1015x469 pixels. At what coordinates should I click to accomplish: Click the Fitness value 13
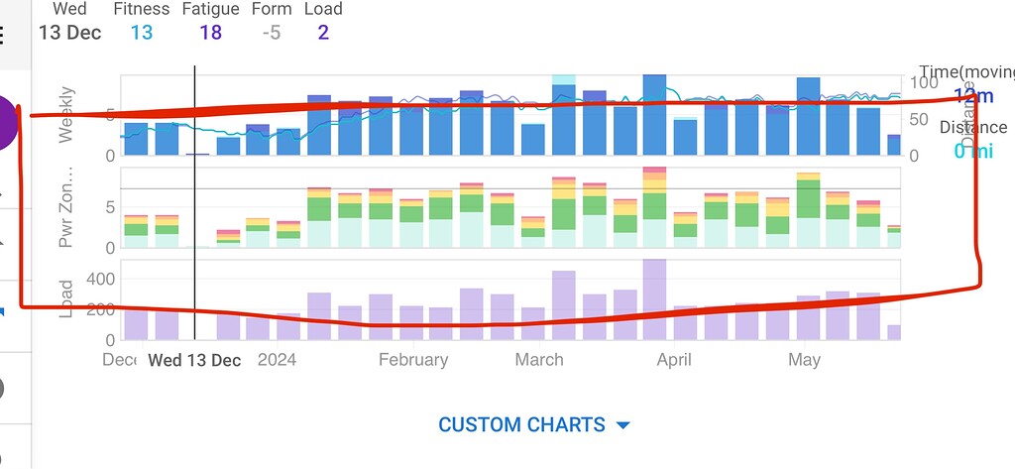coord(141,33)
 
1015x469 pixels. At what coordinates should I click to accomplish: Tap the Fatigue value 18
coord(209,33)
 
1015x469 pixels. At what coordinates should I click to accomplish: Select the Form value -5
coord(271,33)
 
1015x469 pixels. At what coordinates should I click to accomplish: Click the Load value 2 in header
coord(323,33)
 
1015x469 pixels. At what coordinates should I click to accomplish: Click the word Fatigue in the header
coord(210,9)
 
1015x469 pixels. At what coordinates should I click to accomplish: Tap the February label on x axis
coord(413,360)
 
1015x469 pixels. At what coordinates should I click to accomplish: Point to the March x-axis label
coord(539,360)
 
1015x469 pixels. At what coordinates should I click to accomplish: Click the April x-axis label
coord(674,360)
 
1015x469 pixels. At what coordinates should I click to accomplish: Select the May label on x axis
coord(804,360)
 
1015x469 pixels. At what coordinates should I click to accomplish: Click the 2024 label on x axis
coord(278,360)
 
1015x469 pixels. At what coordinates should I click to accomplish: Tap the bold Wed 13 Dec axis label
coord(194,360)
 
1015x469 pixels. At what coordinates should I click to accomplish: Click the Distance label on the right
coord(972,127)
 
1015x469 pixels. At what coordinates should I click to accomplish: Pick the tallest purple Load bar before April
coord(653,299)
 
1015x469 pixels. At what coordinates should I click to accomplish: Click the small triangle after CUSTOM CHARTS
coord(622,425)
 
